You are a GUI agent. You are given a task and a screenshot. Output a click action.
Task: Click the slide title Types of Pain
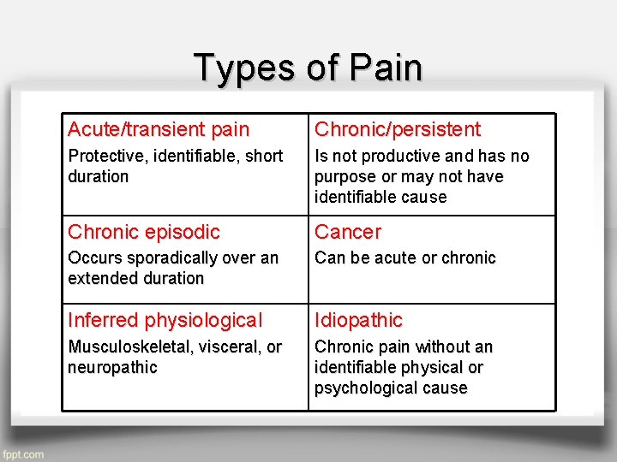point(308,68)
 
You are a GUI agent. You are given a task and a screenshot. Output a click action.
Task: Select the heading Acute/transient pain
point(159,130)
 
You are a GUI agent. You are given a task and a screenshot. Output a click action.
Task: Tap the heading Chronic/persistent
point(398,130)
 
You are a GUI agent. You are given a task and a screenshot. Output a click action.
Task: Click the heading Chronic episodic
point(144,232)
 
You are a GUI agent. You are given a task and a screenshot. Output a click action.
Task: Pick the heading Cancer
point(348,232)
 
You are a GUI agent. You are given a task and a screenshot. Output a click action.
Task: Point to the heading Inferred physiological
point(165,321)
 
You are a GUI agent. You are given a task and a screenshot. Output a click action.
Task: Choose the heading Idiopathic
point(358,321)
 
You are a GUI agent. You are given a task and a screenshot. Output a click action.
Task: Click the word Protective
point(104,156)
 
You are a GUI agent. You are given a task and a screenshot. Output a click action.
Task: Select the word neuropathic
point(112,367)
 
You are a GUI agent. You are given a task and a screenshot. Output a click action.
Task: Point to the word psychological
point(365,388)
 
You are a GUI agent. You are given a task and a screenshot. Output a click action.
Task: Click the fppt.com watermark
point(23,454)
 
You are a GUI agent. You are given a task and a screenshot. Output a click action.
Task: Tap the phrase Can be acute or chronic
point(405,258)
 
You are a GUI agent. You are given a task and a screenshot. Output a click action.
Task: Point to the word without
point(440,346)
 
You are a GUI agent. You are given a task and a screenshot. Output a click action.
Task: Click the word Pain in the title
point(387,68)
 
